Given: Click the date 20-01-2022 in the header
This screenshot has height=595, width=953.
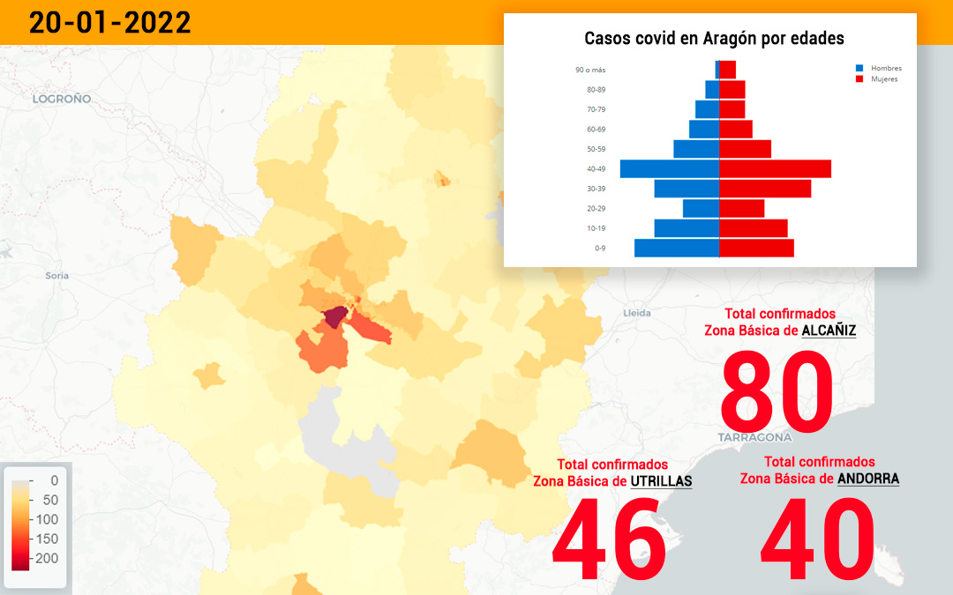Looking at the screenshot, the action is pyautogui.click(x=110, y=23).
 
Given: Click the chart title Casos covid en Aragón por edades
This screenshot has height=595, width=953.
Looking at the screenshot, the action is pyautogui.click(x=714, y=38).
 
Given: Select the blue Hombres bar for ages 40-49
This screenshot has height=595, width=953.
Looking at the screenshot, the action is pyautogui.click(x=669, y=168).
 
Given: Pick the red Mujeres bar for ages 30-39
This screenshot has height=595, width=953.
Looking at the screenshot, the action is pyautogui.click(x=765, y=189).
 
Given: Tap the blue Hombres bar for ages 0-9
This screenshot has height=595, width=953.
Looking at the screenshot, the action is pyautogui.click(x=677, y=248).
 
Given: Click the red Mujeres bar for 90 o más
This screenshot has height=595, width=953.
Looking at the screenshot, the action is pyautogui.click(x=727, y=70).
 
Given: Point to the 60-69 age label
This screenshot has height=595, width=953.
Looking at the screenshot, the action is pyautogui.click(x=597, y=130).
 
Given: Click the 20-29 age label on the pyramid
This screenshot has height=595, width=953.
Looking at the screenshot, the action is pyautogui.click(x=597, y=208).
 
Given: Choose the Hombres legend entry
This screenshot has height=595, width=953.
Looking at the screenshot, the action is pyautogui.click(x=879, y=68).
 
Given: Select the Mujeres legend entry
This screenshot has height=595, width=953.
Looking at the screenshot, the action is pyautogui.click(x=877, y=79).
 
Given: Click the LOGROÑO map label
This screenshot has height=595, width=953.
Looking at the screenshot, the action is pyautogui.click(x=62, y=99).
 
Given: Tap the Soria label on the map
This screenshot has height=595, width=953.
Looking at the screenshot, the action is pyautogui.click(x=57, y=276).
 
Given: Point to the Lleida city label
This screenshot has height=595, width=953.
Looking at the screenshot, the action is pyautogui.click(x=637, y=313).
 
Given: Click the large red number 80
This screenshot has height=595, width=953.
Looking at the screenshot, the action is pyautogui.click(x=777, y=390).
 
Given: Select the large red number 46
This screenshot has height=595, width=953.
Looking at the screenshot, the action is pyautogui.click(x=609, y=538).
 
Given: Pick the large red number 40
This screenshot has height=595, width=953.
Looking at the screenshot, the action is pyautogui.click(x=817, y=538).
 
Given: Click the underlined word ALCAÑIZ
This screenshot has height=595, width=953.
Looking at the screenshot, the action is pyautogui.click(x=829, y=331).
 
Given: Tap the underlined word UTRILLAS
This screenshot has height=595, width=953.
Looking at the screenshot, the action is pyautogui.click(x=661, y=481).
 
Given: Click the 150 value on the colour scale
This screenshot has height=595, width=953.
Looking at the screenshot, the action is pyautogui.click(x=47, y=539).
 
